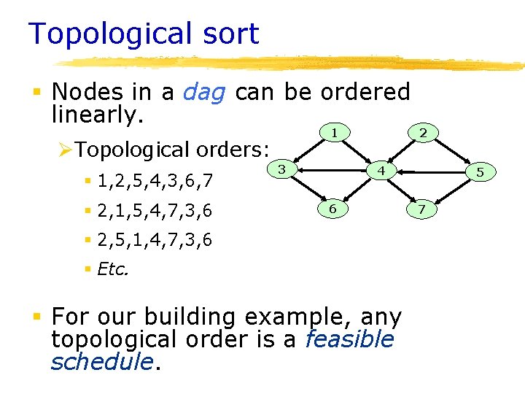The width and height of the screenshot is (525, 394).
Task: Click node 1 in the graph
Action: coord(333,133)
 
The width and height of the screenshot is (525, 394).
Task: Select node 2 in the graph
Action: coord(422,133)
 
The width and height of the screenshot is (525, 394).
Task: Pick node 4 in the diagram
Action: coord(380,171)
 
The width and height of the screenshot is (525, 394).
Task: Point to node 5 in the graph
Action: coord(480,173)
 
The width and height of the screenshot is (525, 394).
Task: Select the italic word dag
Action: coord(204,92)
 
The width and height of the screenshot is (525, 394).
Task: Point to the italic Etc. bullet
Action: coord(112,269)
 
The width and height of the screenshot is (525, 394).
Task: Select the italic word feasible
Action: coord(349,339)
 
